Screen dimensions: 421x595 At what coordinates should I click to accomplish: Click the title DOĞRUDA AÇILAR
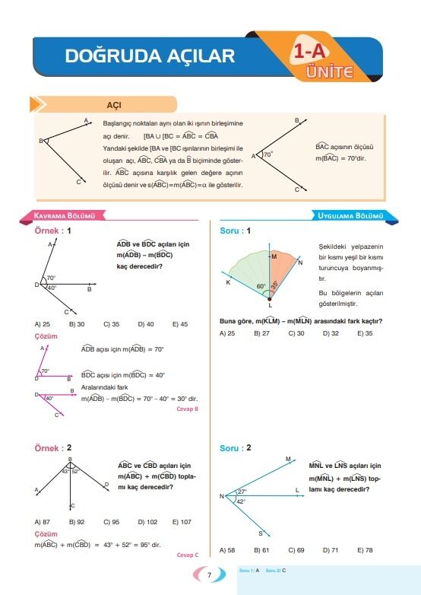(x=150, y=56)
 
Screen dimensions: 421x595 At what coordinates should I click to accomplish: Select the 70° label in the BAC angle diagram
(x=267, y=154)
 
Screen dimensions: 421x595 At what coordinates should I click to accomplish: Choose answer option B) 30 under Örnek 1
(x=77, y=324)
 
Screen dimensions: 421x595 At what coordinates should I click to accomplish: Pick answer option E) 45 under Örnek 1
(x=180, y=324)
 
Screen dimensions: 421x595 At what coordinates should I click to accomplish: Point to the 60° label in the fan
(x=261, y=287)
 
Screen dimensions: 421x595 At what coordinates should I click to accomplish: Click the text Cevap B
(x=187, y=409)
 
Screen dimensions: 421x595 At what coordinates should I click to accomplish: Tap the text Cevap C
(x=187, y=555)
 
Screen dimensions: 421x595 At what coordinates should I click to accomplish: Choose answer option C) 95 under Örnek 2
(x=111, y=522)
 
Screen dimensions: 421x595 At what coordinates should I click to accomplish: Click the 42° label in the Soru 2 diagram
(x=241, y=501)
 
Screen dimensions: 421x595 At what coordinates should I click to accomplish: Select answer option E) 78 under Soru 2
(x=365, y=549)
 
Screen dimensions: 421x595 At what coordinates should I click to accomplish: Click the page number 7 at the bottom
(x=209, y=575)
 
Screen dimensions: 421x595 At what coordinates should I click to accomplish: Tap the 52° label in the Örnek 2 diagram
(x=75, y=472)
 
